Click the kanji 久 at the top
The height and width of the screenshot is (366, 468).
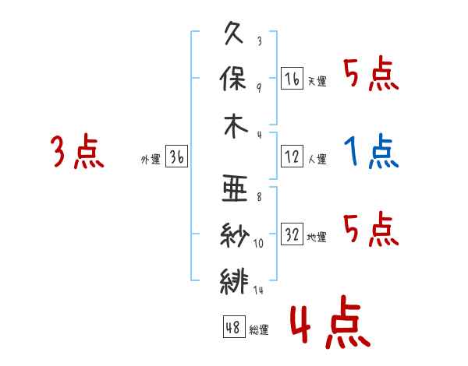pos(234,33)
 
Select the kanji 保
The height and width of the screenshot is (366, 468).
pos(233,79)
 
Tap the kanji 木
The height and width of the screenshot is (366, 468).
pos(236,126)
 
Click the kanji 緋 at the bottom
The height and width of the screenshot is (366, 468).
pos(234,281)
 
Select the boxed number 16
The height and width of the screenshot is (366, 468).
pos(292,79)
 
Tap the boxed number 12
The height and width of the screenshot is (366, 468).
pos(292,157)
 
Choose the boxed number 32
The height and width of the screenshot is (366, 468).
pos(292,234)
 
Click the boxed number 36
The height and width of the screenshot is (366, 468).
pos(177,157)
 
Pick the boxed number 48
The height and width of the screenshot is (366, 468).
pos(234,326)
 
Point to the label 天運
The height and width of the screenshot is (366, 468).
pos(317,81)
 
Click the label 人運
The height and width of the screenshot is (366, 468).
pos(317,159)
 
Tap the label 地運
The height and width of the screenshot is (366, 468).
pos(317,237)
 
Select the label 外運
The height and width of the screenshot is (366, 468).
pos(151,159)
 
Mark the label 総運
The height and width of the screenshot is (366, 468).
pos(259,329)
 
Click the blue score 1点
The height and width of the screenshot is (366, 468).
pos(371,151)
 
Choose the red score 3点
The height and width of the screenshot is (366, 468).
pos(77,151)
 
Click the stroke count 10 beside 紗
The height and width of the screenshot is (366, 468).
pos(258,244)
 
